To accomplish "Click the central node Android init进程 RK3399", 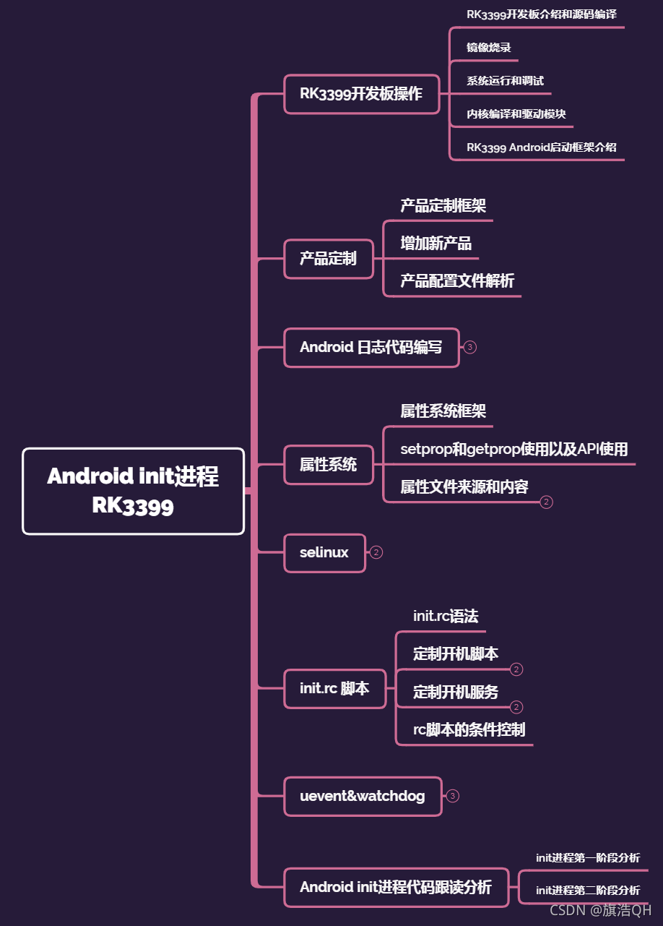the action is coord(134,491).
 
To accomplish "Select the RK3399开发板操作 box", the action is coord(361,94).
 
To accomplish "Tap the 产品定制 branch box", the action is coord(328,258).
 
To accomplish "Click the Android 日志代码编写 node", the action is coord(371,347).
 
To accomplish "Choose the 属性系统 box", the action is coord(328,464).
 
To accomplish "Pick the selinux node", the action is coord(324,552).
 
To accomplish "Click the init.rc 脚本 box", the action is coord(334,688).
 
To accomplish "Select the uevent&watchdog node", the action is coord(363,796).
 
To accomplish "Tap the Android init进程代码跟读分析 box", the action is coord(396,887).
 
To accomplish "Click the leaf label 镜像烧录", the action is coord(489,48).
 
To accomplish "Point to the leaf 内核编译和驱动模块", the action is coord(516,113).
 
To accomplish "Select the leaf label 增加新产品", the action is coord(436,243).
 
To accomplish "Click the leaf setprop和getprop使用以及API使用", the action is coord(514,449).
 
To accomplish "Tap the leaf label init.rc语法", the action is coord(446,616).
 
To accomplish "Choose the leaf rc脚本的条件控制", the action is coord(469,729).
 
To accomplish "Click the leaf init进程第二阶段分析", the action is coord(587,891).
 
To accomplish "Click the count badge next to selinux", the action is coord(376,552).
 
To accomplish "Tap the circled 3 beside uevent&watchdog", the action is coord(453,796).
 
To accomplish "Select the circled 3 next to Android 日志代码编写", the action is coord(470,347).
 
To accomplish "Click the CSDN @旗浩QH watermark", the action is coord(600,910).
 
